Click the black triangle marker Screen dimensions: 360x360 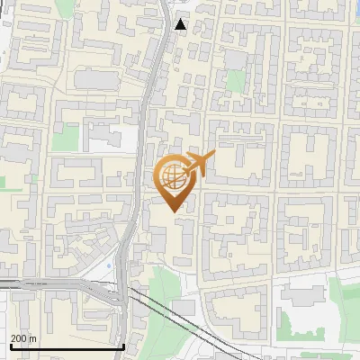[x=182, y=24]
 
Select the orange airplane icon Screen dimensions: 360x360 [x=200, y=163]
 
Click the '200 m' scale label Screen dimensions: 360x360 [x=23, y=337]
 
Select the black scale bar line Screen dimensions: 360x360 [x=67, y=346]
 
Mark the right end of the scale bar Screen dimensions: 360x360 [x=123, y=346]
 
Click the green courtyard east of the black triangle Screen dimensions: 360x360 [x=236, y=81]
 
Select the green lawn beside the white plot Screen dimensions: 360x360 [x=65, y=137]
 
